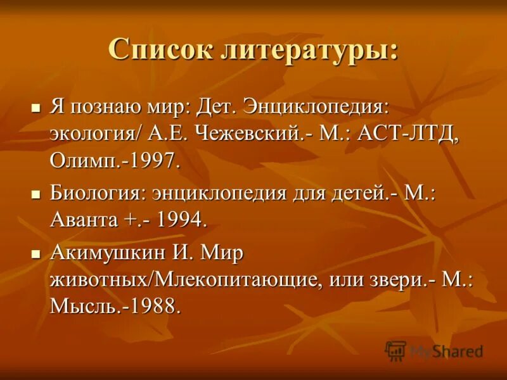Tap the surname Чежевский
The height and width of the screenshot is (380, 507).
point(257,133)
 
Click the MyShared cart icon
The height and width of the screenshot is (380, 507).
point(396,350)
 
